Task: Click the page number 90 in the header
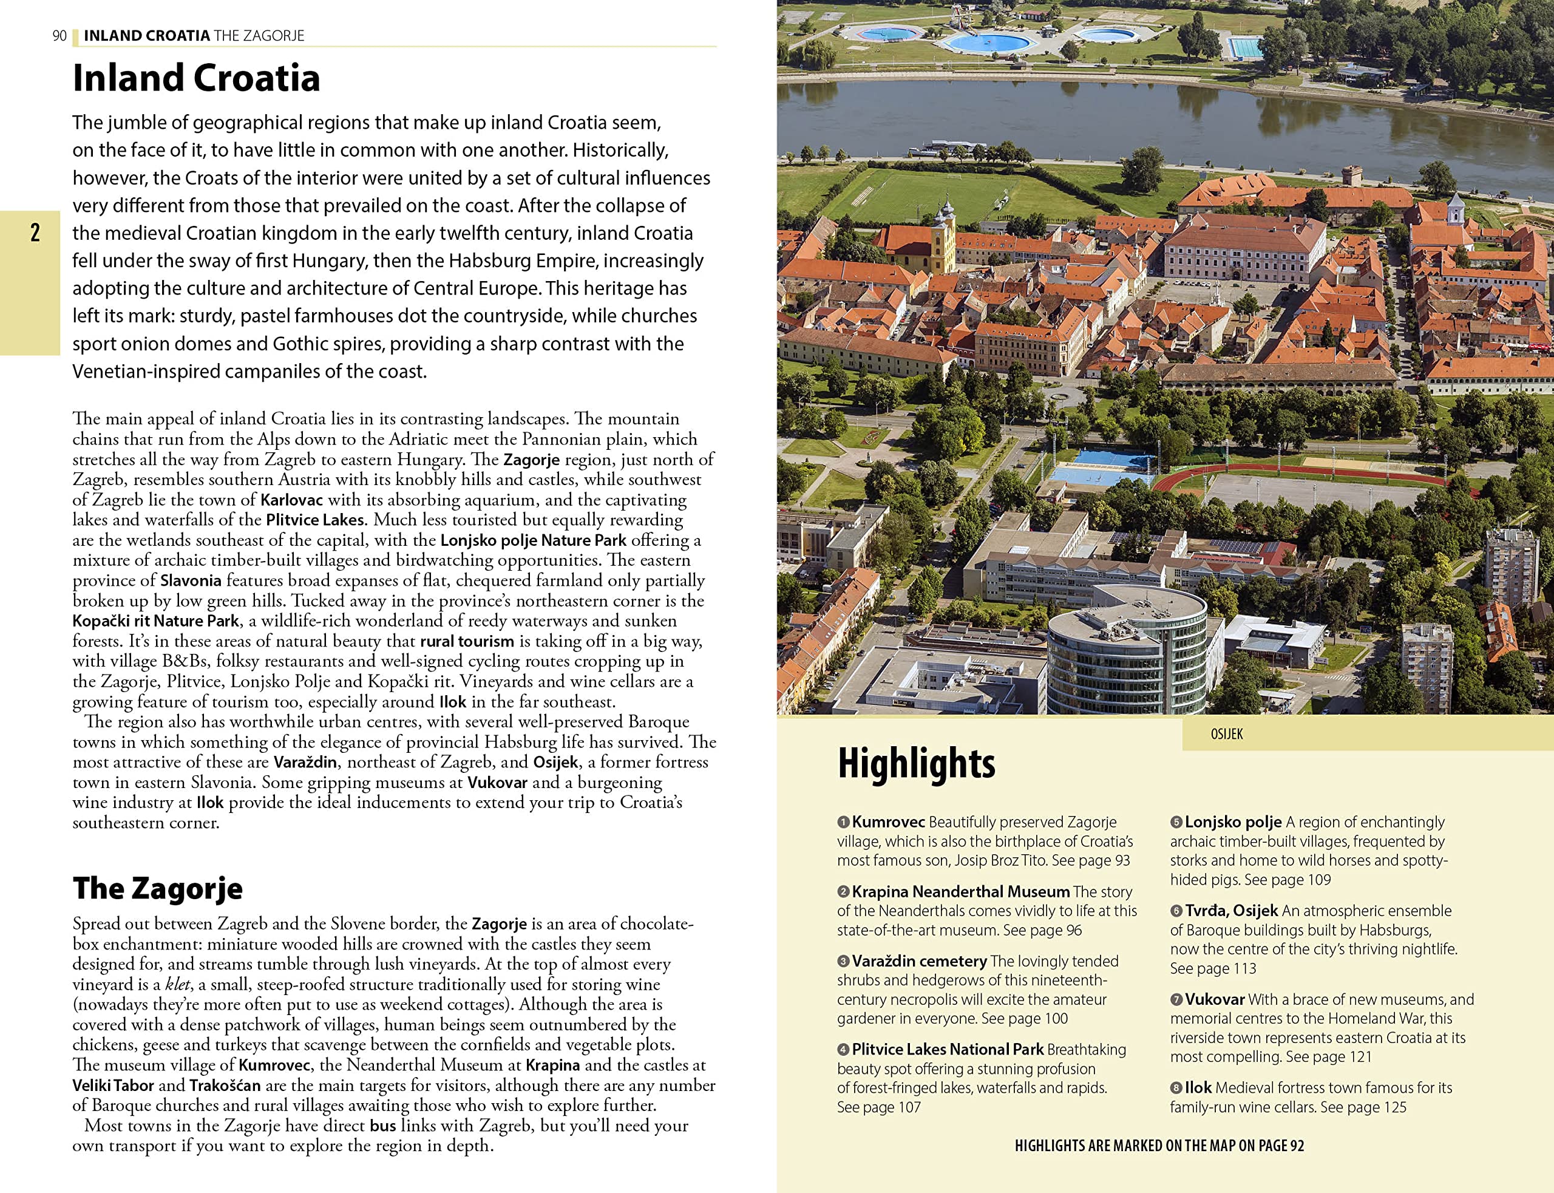(59, 35)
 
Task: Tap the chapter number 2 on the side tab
(35, 233)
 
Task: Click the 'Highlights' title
(916, 763)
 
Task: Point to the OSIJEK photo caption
(1226, 734)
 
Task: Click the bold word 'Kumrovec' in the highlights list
(887, 821)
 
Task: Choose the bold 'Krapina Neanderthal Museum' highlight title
(960, 891)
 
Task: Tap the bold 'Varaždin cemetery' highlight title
(918, 961)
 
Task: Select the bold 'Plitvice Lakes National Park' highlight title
(947, 1049)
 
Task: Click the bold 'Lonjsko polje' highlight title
(1232, 821)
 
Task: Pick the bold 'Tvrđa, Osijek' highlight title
(1231, 910)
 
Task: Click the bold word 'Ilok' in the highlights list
(1198, 1087)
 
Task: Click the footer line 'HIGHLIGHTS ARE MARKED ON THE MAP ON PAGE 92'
(1159, 1146)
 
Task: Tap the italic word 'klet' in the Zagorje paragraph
(177, 984)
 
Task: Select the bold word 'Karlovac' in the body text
(291, 500)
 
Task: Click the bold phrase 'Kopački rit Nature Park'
(155, 620)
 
